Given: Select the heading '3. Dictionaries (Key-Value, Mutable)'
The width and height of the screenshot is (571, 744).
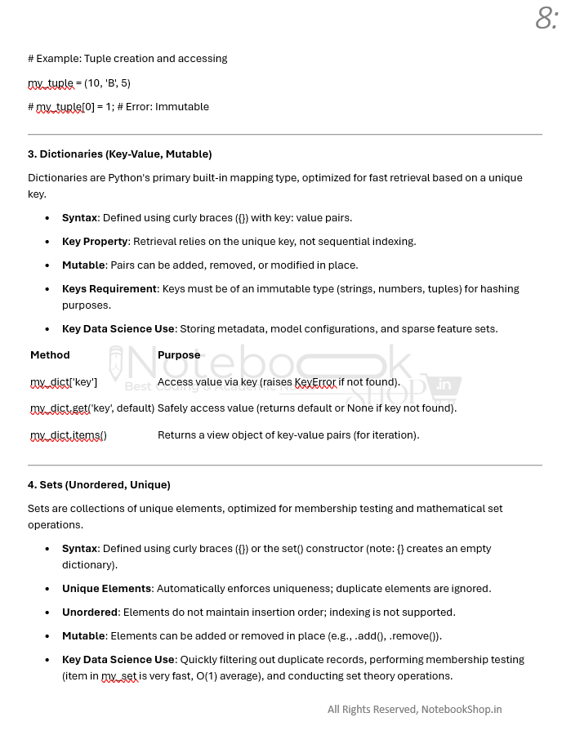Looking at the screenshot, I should (119, 154).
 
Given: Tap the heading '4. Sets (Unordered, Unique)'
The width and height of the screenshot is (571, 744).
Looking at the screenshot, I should (99, 484).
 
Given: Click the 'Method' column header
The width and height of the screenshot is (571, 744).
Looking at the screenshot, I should (50, 354).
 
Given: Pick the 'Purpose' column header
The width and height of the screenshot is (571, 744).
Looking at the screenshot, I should (179, 354).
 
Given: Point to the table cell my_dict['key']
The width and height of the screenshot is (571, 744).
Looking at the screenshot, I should (64, 381).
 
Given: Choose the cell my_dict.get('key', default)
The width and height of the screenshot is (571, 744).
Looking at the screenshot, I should (92, 408).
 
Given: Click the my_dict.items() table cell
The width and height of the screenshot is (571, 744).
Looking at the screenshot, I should (69, 434).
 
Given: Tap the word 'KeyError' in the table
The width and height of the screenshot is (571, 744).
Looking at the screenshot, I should (315, 381).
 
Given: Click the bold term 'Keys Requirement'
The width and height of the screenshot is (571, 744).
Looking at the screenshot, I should (109, 288).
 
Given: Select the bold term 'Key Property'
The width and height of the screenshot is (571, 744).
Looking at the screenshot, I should (95, 241).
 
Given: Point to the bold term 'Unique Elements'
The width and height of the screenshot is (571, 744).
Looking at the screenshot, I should (106, 588).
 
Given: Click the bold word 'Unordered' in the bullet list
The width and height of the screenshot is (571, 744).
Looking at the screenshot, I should (90, 612).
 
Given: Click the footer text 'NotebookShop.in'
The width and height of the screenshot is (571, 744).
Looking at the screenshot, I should (461, 709).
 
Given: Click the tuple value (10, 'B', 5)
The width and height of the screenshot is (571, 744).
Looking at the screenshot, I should (107, 82).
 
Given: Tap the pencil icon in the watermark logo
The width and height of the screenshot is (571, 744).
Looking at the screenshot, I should (117, 365).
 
